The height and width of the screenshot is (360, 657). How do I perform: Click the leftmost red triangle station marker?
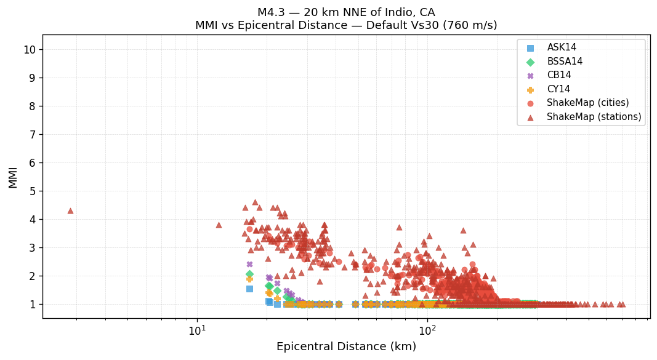click(x=70, y=210)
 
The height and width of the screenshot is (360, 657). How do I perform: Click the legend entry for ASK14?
click(x=562, y=48)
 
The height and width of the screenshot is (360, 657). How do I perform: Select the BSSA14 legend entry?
click(x=565, y=62)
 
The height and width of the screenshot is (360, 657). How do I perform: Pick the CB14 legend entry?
click(x=559, y=76)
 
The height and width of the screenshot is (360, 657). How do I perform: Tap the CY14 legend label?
click(x=558, y=89)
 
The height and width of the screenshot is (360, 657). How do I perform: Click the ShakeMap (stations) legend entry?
click(x=594, y=117)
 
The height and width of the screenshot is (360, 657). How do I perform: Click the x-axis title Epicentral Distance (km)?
click(x=346, y=347)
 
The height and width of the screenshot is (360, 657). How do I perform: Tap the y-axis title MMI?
click(x=13, y=177)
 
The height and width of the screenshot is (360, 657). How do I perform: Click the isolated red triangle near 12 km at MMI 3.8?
click(x=219, y=225)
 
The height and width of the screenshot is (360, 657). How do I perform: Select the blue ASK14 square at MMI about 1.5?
click(x=249, y=289)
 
